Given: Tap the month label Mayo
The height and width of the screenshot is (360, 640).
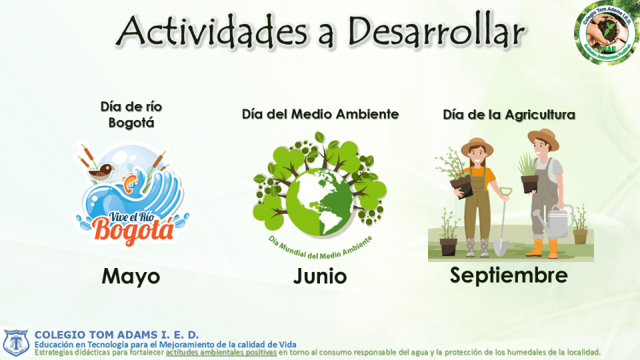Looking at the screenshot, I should (131, 275).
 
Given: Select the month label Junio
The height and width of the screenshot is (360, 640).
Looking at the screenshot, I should (319, 275).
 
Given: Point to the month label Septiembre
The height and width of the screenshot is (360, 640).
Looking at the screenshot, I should (509, 274).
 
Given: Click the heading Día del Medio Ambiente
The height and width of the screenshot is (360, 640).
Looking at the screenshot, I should (320, 114).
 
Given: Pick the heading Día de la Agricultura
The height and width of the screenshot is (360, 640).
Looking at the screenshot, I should (509, 115).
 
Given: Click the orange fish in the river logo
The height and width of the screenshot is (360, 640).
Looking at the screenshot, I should (129, 181).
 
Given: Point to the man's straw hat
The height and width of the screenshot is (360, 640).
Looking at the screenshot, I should (543, 137).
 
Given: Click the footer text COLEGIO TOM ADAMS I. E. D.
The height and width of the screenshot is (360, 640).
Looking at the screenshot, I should (117, 334).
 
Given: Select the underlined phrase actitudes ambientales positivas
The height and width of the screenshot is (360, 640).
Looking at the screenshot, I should (221, 352).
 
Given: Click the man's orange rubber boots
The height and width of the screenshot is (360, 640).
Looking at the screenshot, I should (544, 249).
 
